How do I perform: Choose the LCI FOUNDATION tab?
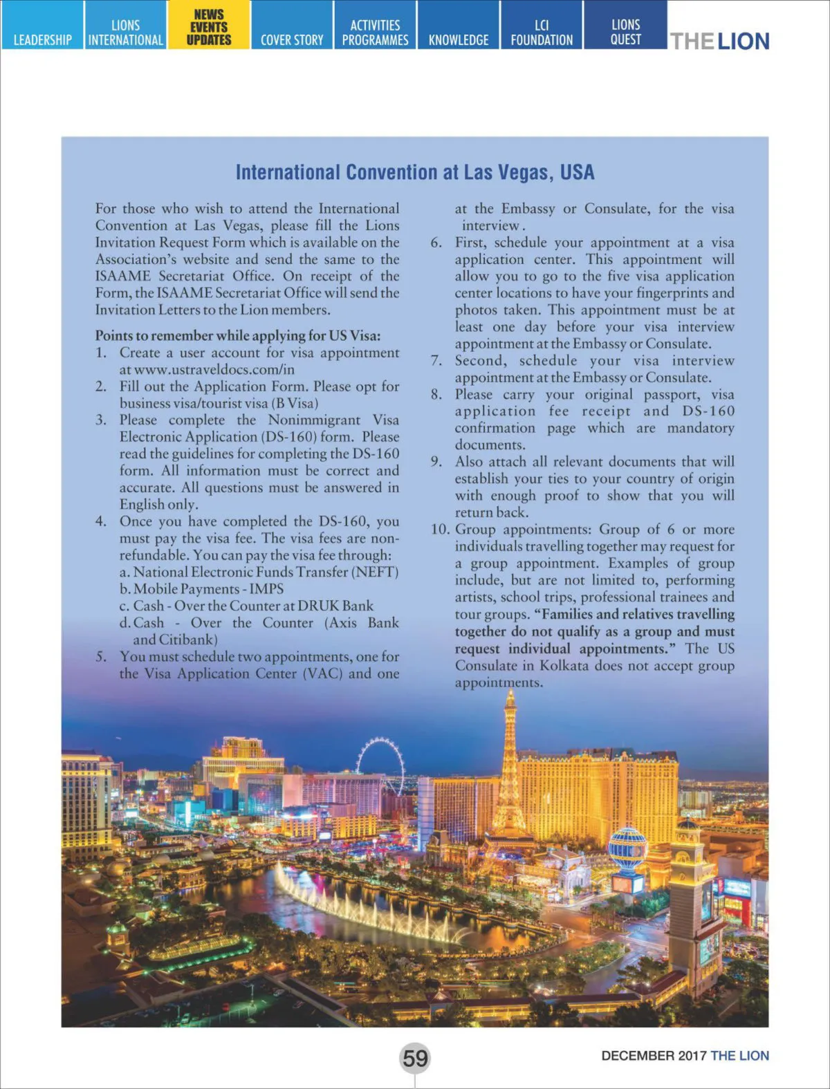(542, 32)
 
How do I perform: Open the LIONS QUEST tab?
(625, 32)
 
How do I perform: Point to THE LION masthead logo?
(719, 41)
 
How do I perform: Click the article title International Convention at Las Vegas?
(415, 172)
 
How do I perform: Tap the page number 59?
(415, 1058)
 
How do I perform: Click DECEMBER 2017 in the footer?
(654, 1056)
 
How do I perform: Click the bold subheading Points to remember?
(237, 335)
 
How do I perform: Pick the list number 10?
(439, 530)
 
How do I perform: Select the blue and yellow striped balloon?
(627, 848)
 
